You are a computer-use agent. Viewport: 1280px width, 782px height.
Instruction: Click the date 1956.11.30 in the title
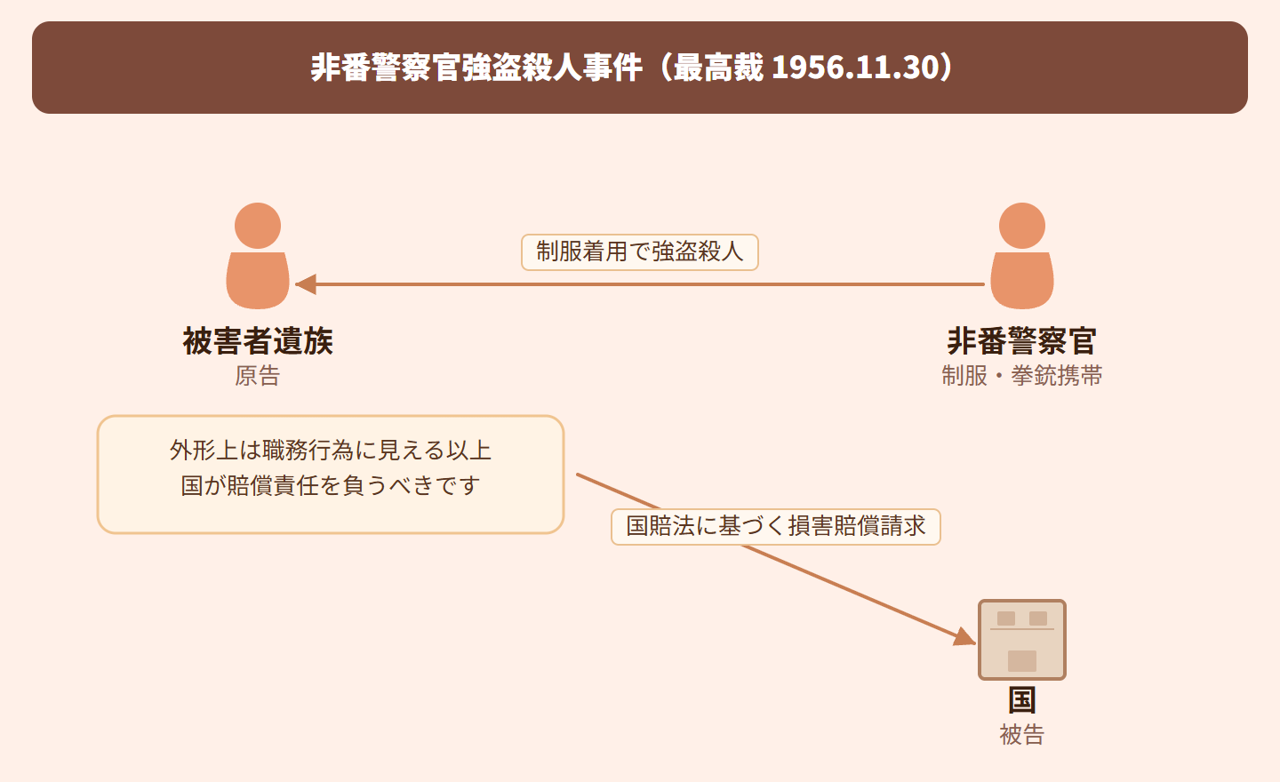pyautogui.click(x=854, y=68)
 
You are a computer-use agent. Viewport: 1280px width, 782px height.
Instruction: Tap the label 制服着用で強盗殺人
pyautogui.click(x=639, y=251)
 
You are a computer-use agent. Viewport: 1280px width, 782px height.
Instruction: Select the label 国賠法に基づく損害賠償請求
pyautogui.click(x=775, y=526)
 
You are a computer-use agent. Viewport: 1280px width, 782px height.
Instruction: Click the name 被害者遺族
pyautogui.click(x=258, y=341)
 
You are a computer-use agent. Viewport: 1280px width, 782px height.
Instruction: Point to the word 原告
pyautogui.click(x=257, y=376)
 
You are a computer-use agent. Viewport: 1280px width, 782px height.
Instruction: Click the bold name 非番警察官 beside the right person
pyautogui.click(x=1021, y=341)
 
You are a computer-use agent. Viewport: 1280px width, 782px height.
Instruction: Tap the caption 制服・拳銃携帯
pyautogui.click(x=1021, y=376)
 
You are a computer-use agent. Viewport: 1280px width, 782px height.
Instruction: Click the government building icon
pyautogui.click(x=1021, y=639)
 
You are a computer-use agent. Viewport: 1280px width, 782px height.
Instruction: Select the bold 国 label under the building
pyautogui.click(x=1021, y=700)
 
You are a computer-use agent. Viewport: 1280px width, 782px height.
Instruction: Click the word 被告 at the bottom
pyautogui.click(x=1021, y=735)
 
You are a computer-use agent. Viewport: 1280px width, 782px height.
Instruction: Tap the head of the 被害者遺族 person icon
pyautogui.click(x=258, y=226)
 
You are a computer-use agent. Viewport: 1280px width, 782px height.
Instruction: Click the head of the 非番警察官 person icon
pyautogui.click(x=1021, y=226)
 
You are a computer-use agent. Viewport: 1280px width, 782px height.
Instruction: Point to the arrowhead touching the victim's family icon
pyautogui.click(x=306, y=283)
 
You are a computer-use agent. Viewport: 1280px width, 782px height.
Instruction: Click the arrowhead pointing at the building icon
pyautogui.click(x=965, y=636)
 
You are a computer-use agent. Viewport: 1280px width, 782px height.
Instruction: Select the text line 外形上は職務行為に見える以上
pyautogui.click(x=331, y=451)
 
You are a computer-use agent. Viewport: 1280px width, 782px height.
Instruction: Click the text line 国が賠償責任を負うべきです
pyautogui.click(x=331, y=485)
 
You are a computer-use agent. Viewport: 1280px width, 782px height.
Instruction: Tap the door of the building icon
pyautogui.click(x=1021, y=661)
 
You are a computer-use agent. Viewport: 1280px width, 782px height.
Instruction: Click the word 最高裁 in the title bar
pyautogui.click(x=718, y=68)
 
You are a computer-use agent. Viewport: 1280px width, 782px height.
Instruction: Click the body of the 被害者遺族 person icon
pyautogui.click(x=258, y=280)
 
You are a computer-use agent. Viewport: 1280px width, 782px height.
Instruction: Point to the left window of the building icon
pyautogui.click(x=1005, y=618)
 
